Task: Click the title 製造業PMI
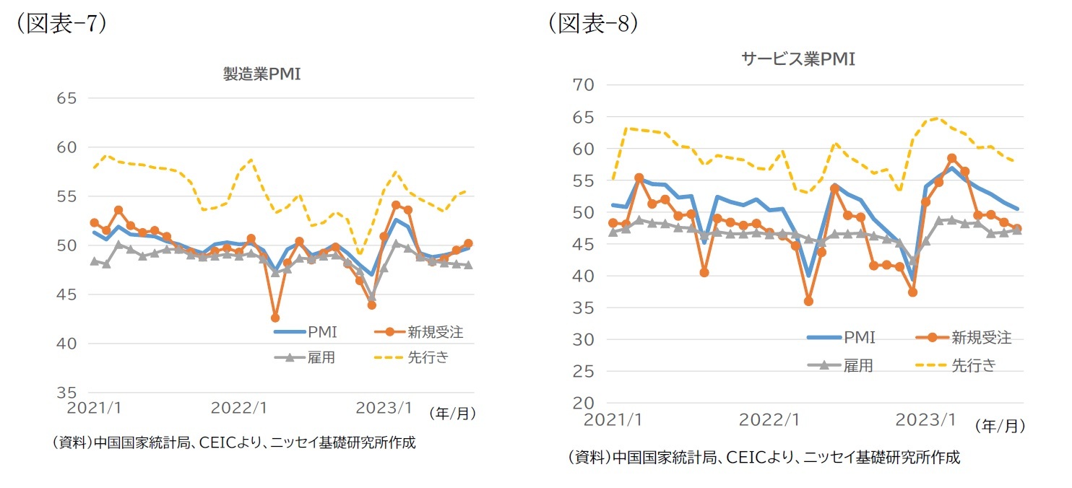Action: point(261,74)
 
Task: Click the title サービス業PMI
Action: point(798,59)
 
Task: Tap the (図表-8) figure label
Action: point(593,23)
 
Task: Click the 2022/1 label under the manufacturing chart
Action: point(239,409)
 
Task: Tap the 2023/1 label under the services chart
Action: point(922,419)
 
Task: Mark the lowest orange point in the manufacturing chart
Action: point(275,318)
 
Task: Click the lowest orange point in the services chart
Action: point(808,301)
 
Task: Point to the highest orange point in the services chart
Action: point(951,158)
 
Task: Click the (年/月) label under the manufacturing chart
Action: point(452,414)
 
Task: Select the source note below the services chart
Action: point(764,457)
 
